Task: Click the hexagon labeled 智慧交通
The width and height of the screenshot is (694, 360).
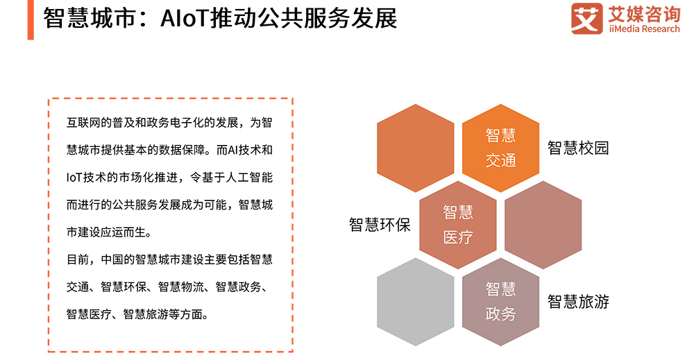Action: pos(500,148)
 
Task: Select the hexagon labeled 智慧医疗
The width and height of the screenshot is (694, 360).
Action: pos(458,225)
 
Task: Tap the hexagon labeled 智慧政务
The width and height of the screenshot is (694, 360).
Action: pos(500,302)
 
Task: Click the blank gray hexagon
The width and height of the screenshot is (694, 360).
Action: pos(416,302)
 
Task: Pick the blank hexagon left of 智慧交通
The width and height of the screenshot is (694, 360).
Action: pos(416,148)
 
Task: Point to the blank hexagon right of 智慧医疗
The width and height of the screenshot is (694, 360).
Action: pos(543,225)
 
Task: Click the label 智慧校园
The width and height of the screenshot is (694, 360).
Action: pos(578,148)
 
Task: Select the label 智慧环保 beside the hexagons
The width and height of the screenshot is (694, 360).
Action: pos(380,225)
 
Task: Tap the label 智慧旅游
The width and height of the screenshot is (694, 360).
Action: pos(578,302)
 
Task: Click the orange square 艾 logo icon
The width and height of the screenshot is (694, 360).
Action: pos(587,19)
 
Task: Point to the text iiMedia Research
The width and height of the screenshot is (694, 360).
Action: pos(645,29)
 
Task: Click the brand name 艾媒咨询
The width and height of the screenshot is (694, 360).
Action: pos(645,14)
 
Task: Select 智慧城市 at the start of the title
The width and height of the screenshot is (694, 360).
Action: pos(90,19)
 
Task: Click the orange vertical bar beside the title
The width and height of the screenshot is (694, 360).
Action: pos(31,20)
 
